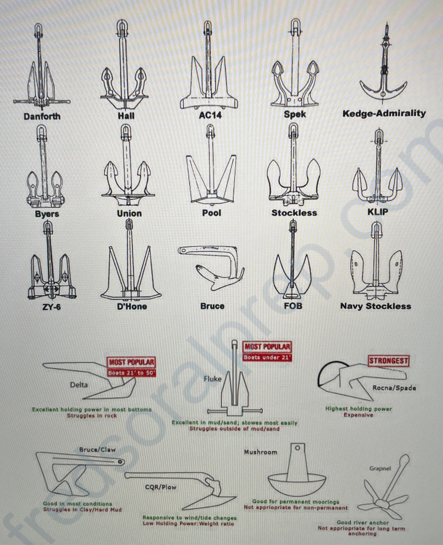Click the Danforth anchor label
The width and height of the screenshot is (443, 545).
point(42,116)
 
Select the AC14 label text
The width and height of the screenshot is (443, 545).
point(210,115)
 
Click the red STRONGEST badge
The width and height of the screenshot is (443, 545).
point(389,361)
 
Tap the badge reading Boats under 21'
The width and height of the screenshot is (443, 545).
point(267,358)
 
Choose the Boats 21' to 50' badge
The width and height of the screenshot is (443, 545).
point(132,373)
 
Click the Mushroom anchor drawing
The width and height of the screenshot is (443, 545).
point(297,472)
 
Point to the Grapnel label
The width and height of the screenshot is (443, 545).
point(380,468)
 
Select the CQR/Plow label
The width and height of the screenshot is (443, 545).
point(161,487)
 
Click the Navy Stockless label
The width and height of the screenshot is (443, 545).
point(376,306)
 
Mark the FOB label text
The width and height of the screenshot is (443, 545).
point(293,306)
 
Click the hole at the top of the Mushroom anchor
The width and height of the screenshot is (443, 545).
point(298,448)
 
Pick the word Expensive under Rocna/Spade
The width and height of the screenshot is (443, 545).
point(358,415)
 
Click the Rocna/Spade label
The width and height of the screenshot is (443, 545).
point(394,388)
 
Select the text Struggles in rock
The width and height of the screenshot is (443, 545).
point(92,415)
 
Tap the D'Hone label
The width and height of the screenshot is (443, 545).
point(132,306)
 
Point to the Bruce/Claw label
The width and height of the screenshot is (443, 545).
point(97,450)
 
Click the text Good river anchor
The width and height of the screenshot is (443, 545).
point(363,522)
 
